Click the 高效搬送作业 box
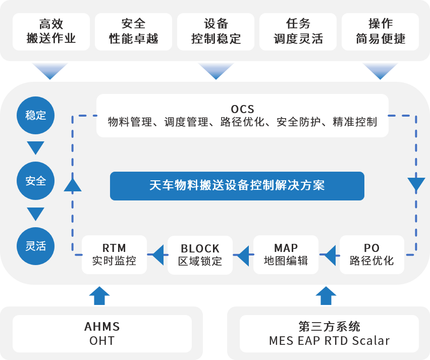pyautogui.click(x=51, y=31)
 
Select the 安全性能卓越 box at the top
pyautogui.click(x=133, y=31)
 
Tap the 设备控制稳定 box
pyautogui.click(x=216, y=31)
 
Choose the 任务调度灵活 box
pyautogui.click(x=298, y=31)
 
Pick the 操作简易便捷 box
pyautogui.click(x=380, y=31)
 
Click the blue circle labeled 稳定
pyautogui.click(x=35, y=115)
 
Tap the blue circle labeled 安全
pyautogui.click(x=35, y=181)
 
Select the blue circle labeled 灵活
pyautogui.click(x=35, y=246)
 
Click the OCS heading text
pyautogui.click(x=242, y=109)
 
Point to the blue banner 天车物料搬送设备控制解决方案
pyautogui.click(x=237, y=186)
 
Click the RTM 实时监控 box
pyautogui.click(x=114, y=254)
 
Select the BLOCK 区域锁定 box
pyautogui.click(x=200, y=254)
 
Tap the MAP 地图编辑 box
pyautogui.click(x=286, y=254)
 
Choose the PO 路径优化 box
pyautogui.click(x=371, y=254)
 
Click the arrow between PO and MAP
pyautogui.click(x=329, y=255)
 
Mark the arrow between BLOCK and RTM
pyautogui.click(x=157, y=255)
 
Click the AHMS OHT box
pyautogui.click(x=102, y=333)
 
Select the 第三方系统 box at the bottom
pyautogui.click(x=329, y=333)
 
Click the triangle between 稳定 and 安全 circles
pyautogui.click(x=35, y=148)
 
